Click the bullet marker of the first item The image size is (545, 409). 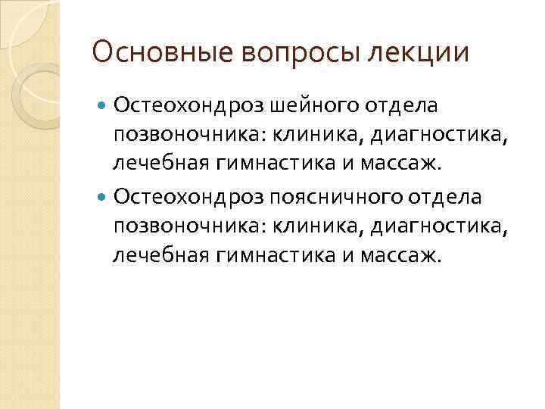[104, 102]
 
